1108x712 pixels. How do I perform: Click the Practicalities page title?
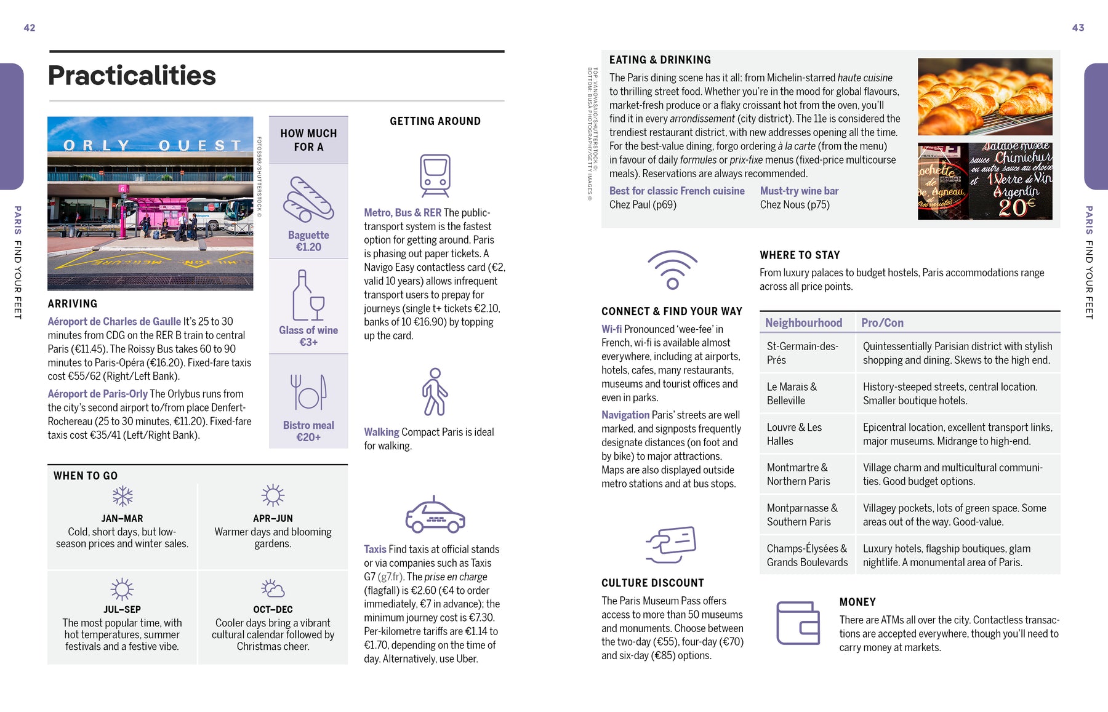132,76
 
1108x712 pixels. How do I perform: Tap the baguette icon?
308,200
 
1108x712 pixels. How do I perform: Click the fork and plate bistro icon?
308,392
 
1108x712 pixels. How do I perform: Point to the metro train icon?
435,175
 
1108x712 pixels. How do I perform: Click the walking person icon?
435,392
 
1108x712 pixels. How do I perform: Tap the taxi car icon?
435,515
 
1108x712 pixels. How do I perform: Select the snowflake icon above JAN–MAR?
122,496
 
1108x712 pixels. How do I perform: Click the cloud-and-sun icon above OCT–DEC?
273,588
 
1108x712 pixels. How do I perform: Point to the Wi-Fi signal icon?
672,270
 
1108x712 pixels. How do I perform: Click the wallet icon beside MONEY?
798,623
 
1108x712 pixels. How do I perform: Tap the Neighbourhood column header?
803,323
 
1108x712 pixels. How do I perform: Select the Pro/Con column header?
882,323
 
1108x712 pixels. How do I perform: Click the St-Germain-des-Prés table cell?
802,353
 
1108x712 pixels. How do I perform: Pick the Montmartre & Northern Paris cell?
798,474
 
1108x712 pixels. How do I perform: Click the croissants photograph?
985,97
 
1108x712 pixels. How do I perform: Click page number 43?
1078,28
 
